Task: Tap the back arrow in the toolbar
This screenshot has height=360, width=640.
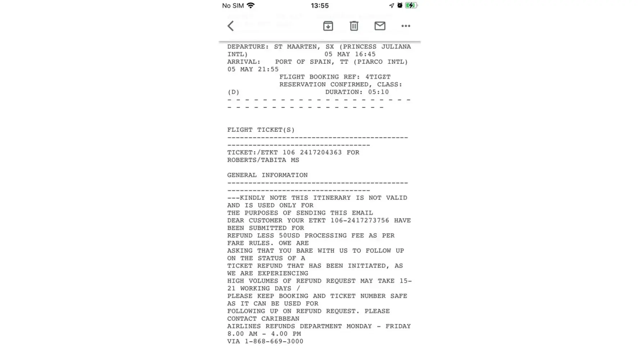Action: coord(231,26)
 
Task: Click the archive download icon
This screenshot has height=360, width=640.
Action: coord(328,26)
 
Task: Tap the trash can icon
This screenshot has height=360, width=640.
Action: coord(354,26)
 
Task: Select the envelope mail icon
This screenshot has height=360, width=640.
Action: coord(380,26)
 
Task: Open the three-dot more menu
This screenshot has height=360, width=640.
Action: coord(406,26)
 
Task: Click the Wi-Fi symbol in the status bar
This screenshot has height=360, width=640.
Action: coord(251,5)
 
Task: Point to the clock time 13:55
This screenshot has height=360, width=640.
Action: coord(320,5)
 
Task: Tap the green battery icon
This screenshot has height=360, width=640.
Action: coord(411,5)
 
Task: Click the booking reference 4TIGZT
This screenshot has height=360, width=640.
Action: coord(378,77)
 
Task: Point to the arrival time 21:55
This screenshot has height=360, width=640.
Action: coord(268,69)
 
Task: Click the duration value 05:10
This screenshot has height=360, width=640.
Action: coord(378,92)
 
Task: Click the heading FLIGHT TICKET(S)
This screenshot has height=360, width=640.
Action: coord(261,130)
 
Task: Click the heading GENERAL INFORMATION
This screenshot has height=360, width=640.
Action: coord(267,175)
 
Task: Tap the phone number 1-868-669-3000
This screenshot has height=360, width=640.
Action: coord(274,341)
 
